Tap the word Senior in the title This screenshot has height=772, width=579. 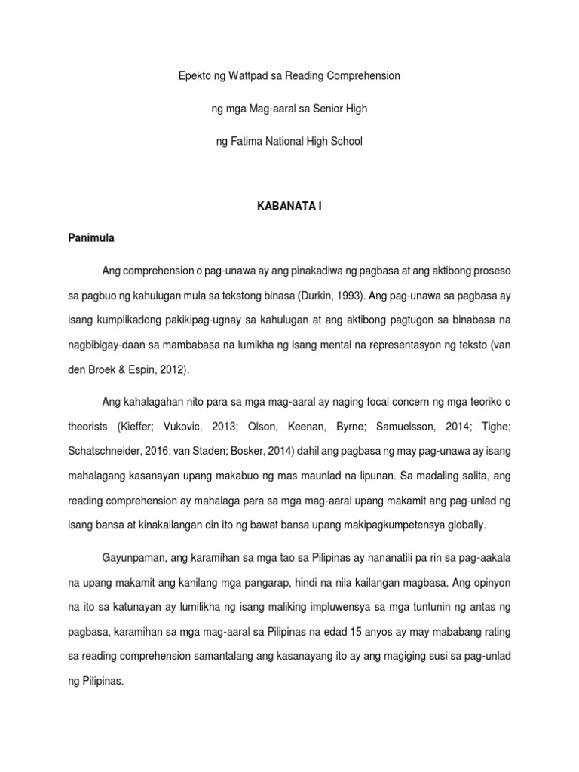point(327,109)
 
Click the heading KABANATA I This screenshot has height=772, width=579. point(289,205)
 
